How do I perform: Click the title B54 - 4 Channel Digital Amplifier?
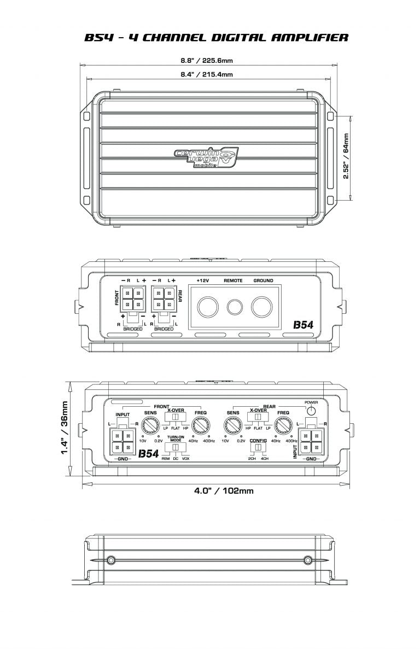[x=216, y=38]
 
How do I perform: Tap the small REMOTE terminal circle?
[x=234, y=307]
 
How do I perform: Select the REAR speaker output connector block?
[x=162, y=300]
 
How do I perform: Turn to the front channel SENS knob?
[x=150, y=424]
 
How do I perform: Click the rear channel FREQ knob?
[x=283, y=424]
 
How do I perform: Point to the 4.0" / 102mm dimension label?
[x=224, y=490]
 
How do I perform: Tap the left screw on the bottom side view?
[x=111, y=560]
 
